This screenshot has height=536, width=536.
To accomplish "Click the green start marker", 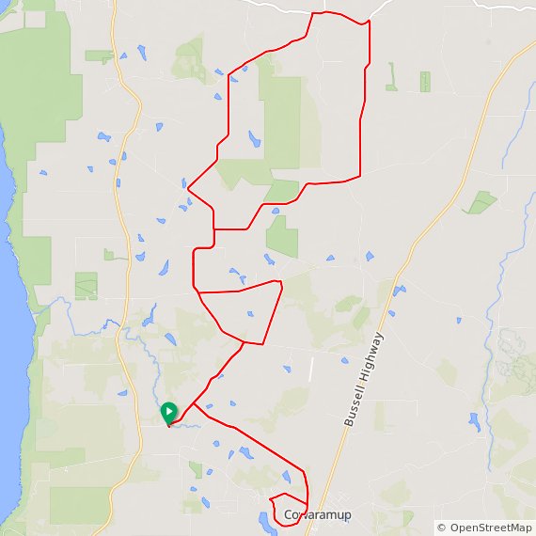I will tap(168, 412).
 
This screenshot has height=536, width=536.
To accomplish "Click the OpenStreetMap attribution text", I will tap(489, 528).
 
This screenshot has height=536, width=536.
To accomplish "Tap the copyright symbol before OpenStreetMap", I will tap(442, 528).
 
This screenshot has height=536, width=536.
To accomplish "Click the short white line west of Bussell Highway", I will tap(310, 370).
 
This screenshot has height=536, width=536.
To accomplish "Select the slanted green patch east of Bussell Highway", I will tap(481, 202).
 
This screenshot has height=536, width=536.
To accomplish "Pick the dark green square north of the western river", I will tap(86, 286).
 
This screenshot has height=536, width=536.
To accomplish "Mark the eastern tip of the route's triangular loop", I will tap(282, 282).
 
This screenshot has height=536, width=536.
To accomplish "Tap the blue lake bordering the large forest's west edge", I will tap(254, 140).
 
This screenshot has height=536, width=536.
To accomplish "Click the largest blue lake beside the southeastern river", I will tap(474, 420).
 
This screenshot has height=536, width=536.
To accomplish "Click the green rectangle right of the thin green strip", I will tap(425, 82).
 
